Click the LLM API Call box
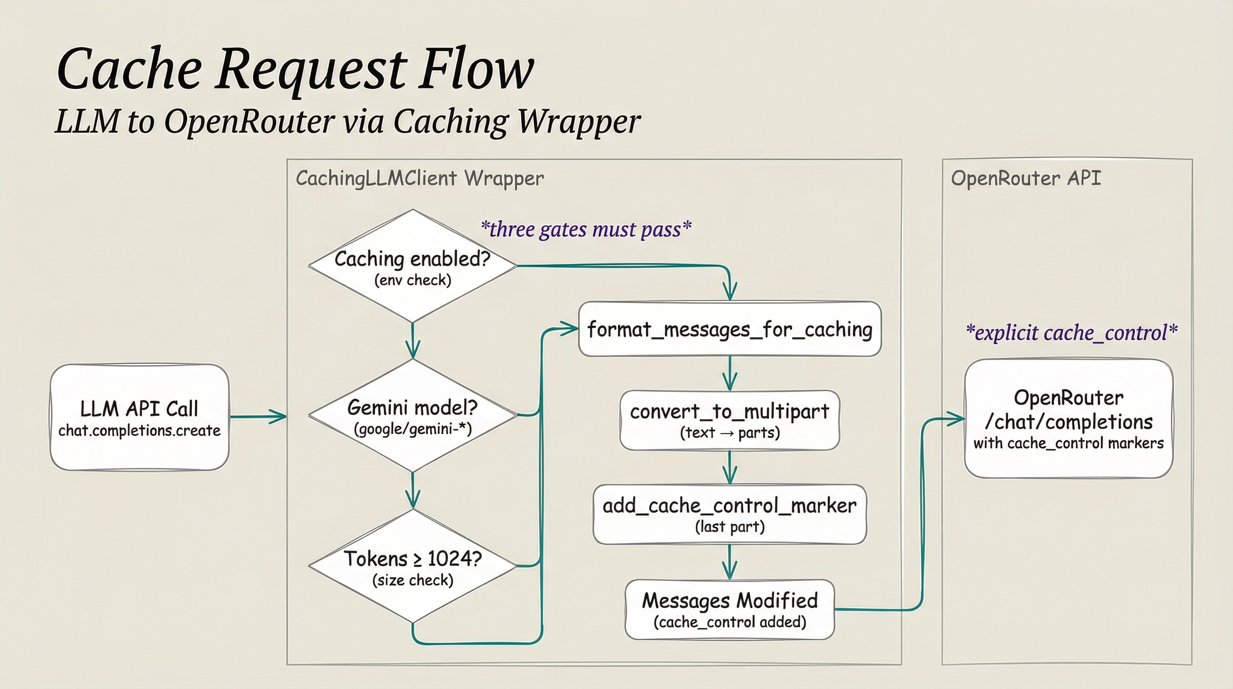click(x=139, y=417)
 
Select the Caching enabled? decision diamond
click(x=412, y=266)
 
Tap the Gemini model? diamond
click(x=412, y=415)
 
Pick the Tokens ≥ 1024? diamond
click(x=412, y=567)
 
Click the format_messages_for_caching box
click(x=729, y=329)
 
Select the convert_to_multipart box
click(x=729, y=420)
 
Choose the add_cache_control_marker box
click(x=729, y=514)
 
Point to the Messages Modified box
click(x=729, y=610)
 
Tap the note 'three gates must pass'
click(x=586, y=230)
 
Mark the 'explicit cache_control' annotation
click(x=1071, y=333)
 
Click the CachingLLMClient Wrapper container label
click(x=420, y=179)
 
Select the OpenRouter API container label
click(x=1026, y=178)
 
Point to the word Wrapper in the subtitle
click(x=579, y=122)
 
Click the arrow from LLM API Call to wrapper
click(x=258, y=416)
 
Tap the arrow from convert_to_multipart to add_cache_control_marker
click(x=729, y=467)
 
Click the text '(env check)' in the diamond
click(x=413, y=280)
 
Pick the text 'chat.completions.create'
click(x=139, y=431)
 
